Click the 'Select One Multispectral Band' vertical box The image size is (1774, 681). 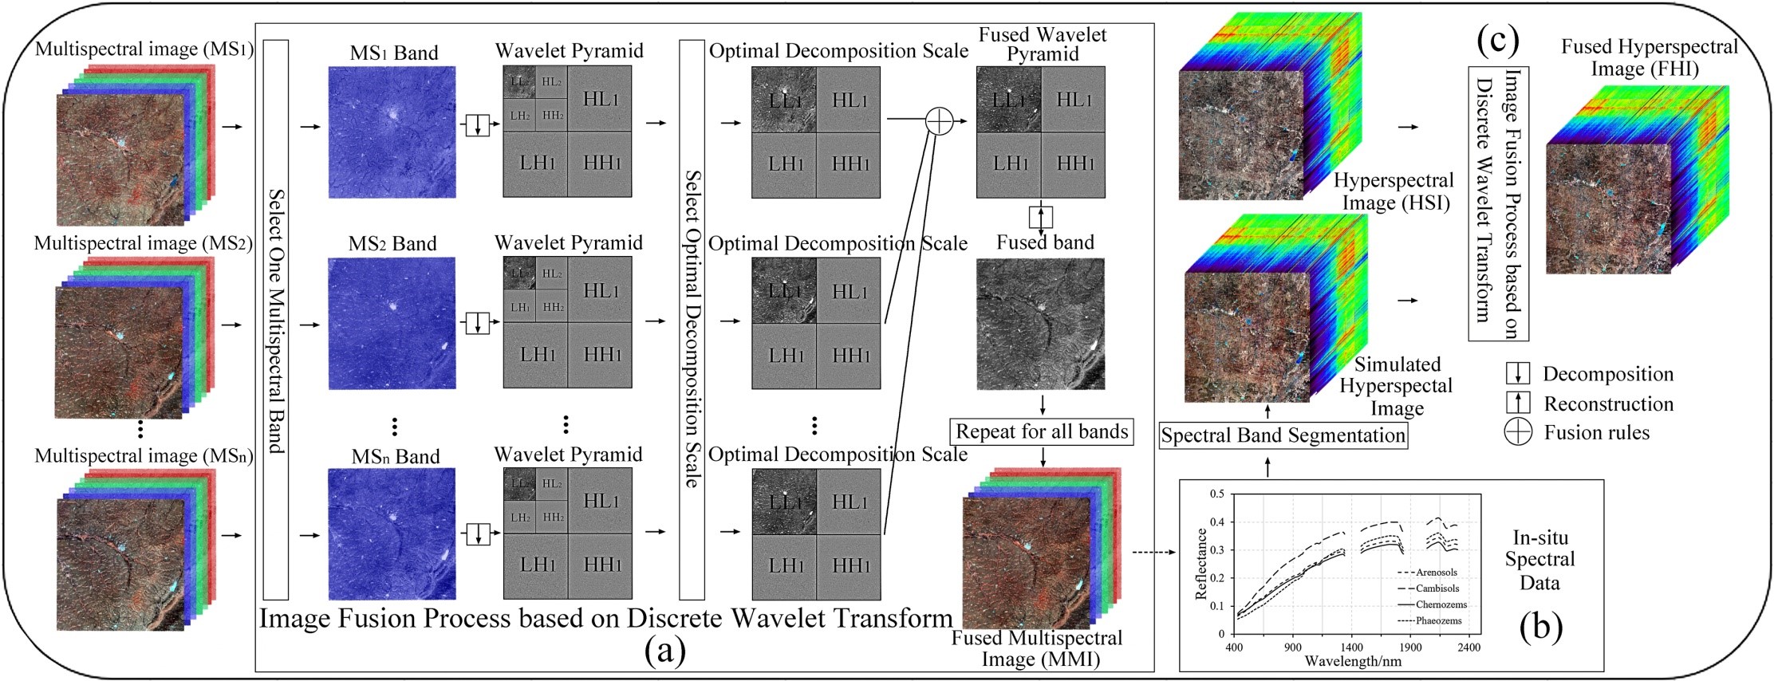point(275,320)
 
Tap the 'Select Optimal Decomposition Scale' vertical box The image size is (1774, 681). point(692,320)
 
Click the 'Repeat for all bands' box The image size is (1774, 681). point(1042,432)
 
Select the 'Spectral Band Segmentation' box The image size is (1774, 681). point(1283,435)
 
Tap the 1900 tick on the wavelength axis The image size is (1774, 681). point(1410,648)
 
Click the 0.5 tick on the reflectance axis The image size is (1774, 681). point(1217,494)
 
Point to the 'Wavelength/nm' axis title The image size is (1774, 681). point(1353,661)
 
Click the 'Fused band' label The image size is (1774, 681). point(1045,242)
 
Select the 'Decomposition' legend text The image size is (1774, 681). point(1608,374)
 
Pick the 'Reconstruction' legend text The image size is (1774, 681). point(1608,403)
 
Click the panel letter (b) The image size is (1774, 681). point(1541,627)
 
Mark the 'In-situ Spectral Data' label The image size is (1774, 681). point(1539,560)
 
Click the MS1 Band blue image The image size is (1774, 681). point(392,132)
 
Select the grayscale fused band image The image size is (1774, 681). point(1040,323)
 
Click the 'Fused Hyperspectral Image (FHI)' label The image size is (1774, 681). point(1649,57)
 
